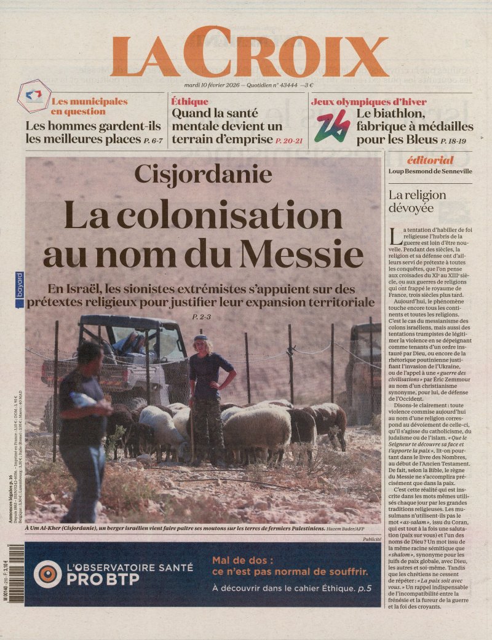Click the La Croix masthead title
(x=249, y=53)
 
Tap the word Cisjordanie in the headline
(x=203, y=174)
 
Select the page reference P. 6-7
(x=153, y=141)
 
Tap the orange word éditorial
(x=430, y=160)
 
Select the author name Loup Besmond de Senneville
(x=430, y=171)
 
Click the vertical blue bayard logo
(x=20, y=286)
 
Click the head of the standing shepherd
(x=200, y=343)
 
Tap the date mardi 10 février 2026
(x=212, y=85)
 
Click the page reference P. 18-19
(x=453, y=141)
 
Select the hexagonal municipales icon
(x=35, y=96)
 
